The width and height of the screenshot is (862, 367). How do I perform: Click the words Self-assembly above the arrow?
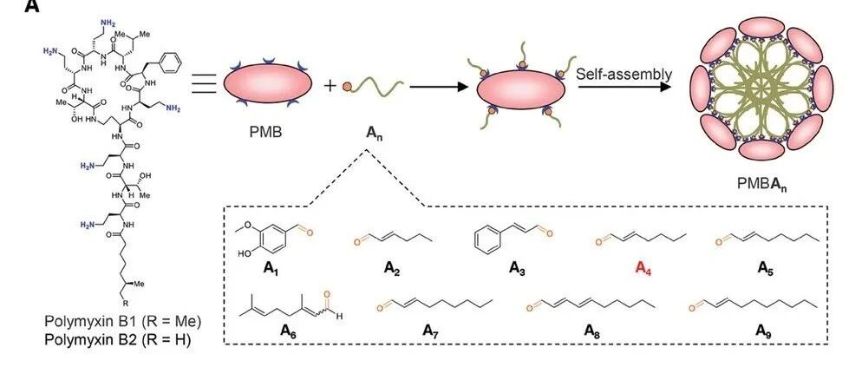(624, 75)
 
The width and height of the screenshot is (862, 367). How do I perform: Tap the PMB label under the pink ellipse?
(265, 134)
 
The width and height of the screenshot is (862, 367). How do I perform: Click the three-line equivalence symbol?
(203, 85)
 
